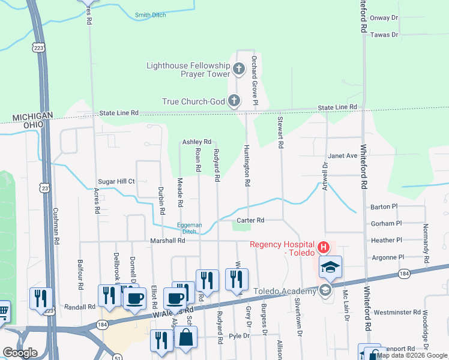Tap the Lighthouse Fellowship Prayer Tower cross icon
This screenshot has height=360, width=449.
click(238, 69)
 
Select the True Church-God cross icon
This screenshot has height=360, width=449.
click(234, 101)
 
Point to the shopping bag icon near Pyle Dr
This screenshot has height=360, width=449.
click(186, 339)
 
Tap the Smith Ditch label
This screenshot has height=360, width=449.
click(151, 15)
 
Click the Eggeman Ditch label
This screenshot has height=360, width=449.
click(189, 228)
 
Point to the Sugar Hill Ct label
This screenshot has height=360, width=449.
click(116, 181)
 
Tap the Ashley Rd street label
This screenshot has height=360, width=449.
click(197, 142)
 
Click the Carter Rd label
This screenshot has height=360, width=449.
click(250, 220)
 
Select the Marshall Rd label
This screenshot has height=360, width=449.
click(167, 241)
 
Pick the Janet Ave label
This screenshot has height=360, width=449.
click(343, 155)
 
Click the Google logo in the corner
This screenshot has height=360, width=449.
click(20, 352)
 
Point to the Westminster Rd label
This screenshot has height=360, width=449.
click(397, 313)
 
